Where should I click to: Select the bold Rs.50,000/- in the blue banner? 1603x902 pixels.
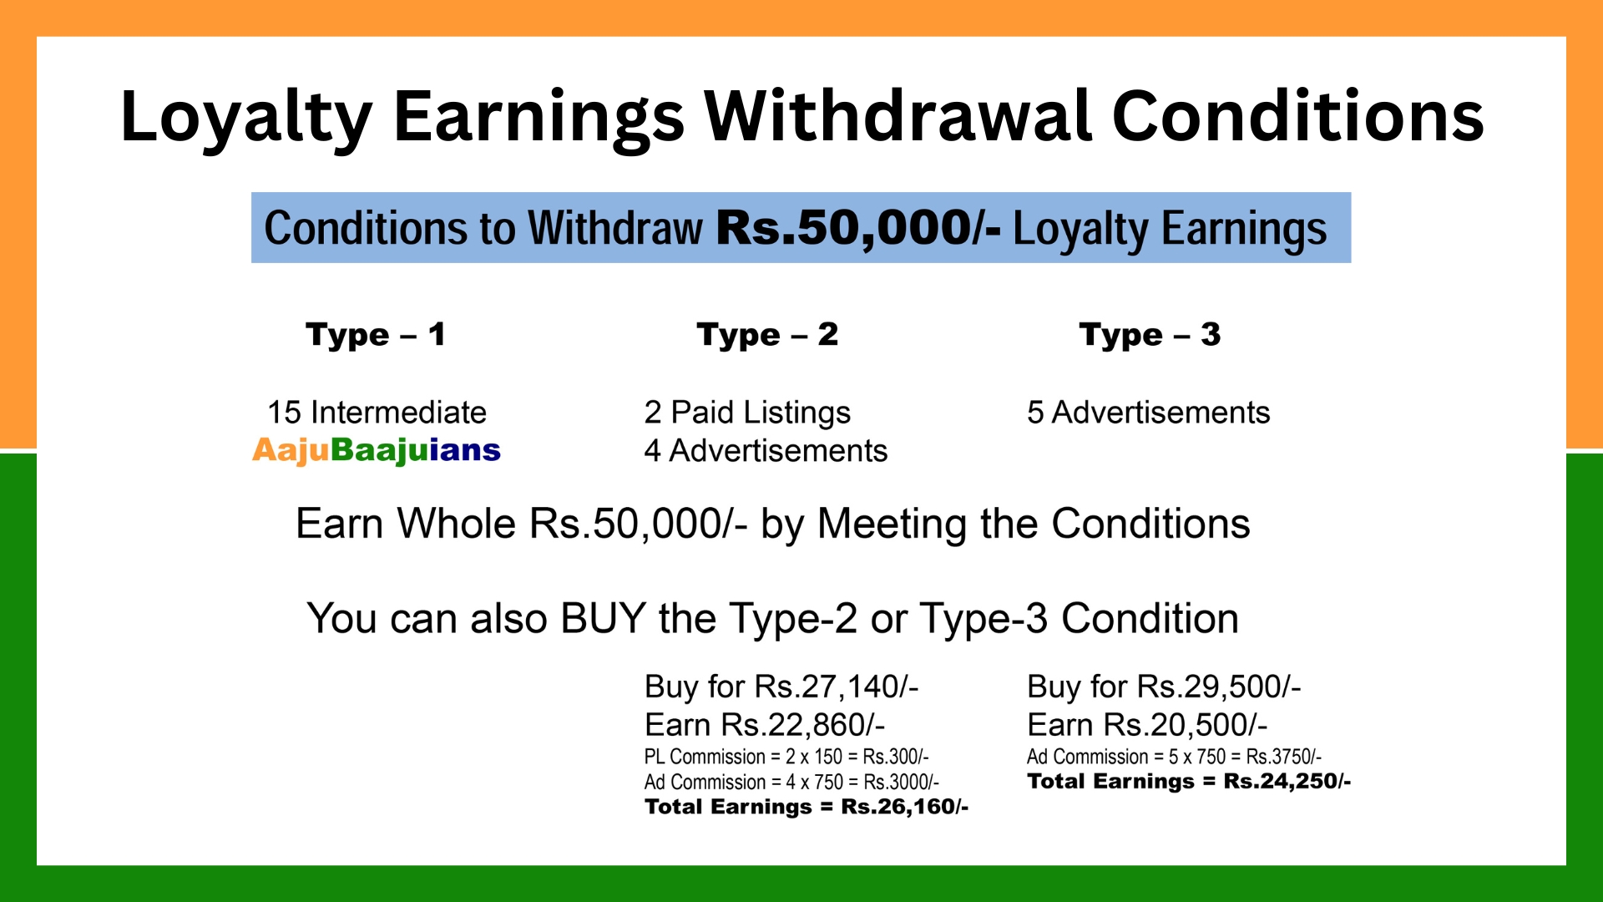[858, 228]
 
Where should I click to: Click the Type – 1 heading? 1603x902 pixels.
[376, 335]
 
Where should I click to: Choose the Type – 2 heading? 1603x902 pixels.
[767, 335]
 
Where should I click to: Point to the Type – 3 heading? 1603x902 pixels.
[1150, 335]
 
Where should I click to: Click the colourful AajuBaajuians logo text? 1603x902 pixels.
[377, 451]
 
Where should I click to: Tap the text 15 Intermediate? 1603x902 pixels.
[377, 413]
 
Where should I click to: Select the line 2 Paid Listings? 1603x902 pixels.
[747, 413]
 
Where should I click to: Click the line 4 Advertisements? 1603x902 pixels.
[766, 451]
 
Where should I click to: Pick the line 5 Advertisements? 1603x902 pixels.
[1149, 413]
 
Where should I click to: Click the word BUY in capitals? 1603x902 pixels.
[603, 619]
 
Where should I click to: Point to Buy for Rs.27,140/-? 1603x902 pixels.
[781, 687]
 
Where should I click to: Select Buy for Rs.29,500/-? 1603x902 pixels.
[1164, 687]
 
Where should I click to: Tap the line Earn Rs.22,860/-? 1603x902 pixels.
[765, 725]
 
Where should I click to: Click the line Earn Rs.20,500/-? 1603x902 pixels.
[1147, 725]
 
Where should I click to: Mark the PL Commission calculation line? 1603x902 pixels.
[786, 757]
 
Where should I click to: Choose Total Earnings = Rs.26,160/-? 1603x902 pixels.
[807, 807]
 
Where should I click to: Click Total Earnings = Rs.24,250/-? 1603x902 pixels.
[1189, 782]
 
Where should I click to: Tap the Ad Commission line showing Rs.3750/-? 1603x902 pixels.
[1174, 757]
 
